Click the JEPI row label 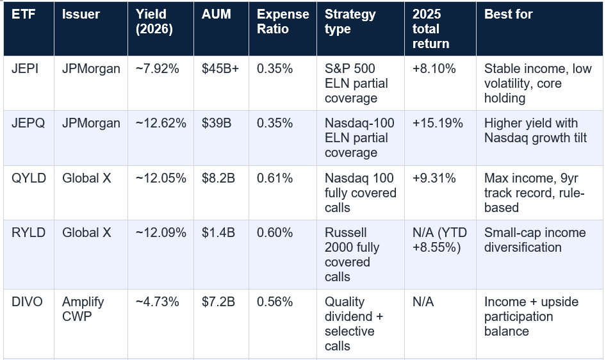25,69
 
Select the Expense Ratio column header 283,22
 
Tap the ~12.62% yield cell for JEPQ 161,123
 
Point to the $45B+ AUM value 220,69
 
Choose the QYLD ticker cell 29,178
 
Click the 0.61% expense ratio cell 275,178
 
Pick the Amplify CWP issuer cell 83,309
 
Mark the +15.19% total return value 438,123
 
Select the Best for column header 508,14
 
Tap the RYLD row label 29,233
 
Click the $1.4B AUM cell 218,233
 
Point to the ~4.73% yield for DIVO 158,302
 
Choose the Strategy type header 350,22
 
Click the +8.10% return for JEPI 434,69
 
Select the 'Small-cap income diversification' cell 535,240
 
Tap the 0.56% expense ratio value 275,302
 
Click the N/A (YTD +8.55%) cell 440,240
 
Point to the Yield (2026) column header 154,22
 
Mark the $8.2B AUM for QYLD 218,178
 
